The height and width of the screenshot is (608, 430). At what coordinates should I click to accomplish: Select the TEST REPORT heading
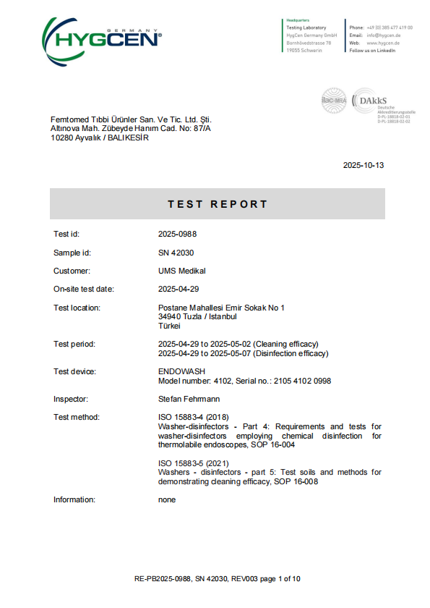[218, 204]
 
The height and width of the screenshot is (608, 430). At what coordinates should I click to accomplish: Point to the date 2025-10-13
[364, 165]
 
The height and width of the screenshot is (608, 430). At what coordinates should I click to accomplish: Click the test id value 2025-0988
[178, 235]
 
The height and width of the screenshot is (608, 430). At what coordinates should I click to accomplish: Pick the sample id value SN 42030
[176, 253]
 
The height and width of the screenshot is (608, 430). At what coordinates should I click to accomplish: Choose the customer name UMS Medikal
[182, 271]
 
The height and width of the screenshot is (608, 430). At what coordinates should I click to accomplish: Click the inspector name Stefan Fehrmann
[190, 399]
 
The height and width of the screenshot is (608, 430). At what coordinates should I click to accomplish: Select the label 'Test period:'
[74, 344]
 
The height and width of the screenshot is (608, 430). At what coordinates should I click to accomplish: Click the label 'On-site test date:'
[84, 289]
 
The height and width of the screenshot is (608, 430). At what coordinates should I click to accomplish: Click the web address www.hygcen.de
[383, 43]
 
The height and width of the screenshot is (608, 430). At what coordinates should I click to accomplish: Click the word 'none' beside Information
[167, 499]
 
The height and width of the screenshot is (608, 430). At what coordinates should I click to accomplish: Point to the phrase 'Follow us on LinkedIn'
[372, 51]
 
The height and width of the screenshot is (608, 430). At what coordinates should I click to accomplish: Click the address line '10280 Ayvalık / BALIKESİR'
[99, 138]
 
